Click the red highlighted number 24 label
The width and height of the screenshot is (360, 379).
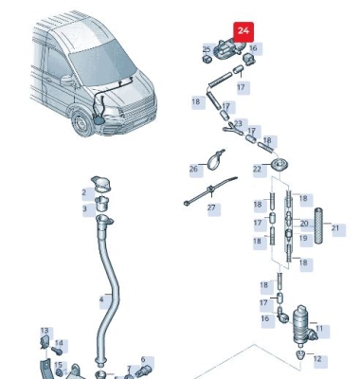[243, 31]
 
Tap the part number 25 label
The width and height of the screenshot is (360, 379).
[207, 49]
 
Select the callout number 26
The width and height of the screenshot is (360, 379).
[193, 169]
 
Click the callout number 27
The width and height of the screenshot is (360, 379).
[211, 208]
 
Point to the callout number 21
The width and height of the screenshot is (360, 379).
[335, 227]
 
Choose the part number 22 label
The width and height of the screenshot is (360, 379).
[257, 169]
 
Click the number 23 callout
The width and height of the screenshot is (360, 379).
[238, 123]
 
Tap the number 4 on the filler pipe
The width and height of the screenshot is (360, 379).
[101, 298]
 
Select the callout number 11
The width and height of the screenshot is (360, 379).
[319, 329]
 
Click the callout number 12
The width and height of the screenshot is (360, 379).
[317, 359]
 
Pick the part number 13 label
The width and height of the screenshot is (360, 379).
[45, 331]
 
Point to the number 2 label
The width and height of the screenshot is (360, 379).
[84, 192]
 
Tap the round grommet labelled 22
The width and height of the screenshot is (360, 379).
[279, 165]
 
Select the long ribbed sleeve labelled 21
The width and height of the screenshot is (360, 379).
[318, 226]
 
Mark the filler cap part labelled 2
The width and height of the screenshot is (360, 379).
[100, 184]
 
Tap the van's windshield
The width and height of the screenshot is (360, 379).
[101, 63]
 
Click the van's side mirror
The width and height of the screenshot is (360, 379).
[67, 81]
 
